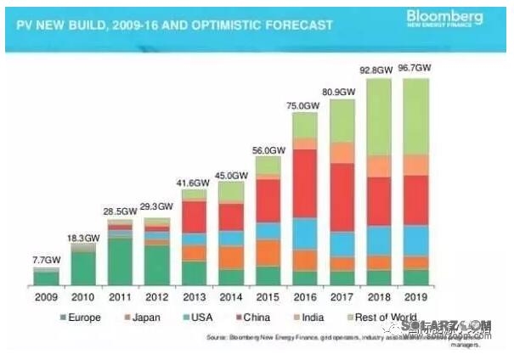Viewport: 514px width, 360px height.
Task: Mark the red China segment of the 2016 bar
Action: (x=306, y=183)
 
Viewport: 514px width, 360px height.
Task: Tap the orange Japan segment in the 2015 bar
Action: (x=268, y=252)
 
